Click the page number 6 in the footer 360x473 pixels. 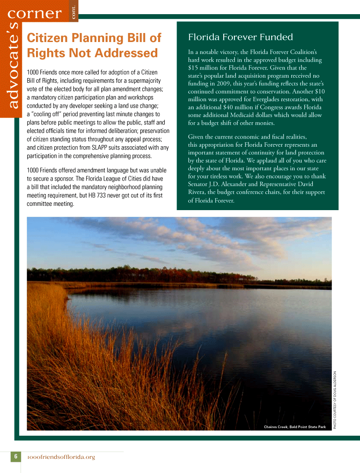[15, 456]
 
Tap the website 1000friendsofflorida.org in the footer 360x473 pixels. [61, 457]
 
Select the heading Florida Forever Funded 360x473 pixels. [240, 37]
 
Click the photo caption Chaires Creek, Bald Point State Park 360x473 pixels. [294, 427]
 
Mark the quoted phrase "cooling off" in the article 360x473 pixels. [45, 114]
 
